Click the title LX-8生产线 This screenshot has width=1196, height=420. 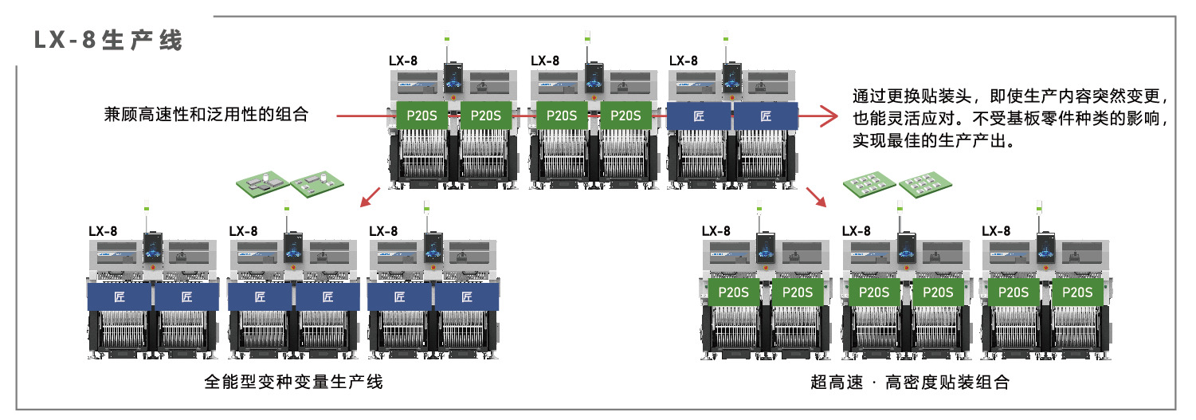pos(108,41)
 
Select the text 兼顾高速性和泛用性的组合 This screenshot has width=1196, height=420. pos(206,115)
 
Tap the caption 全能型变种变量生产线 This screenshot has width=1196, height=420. pos(293,383)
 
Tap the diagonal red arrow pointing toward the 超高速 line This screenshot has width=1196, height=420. pos(815,196)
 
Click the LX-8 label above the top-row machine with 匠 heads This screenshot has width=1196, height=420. pos(683,61)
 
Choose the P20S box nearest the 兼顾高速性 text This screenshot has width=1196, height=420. pos(421,116)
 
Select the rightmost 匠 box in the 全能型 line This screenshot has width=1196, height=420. pos(467,297)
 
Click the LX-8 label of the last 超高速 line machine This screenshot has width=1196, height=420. pos(996,231)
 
